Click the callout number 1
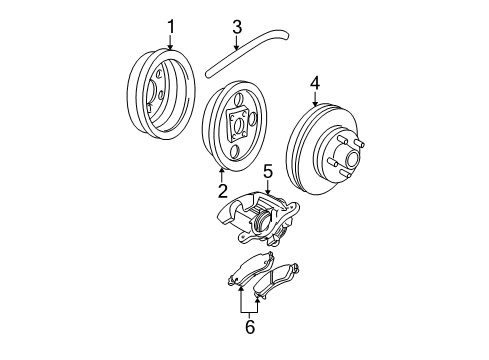(170, 26)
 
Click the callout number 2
(222, 189)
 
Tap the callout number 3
(236, 26)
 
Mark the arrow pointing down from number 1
(170, 43)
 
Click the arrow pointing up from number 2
(222, 175)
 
